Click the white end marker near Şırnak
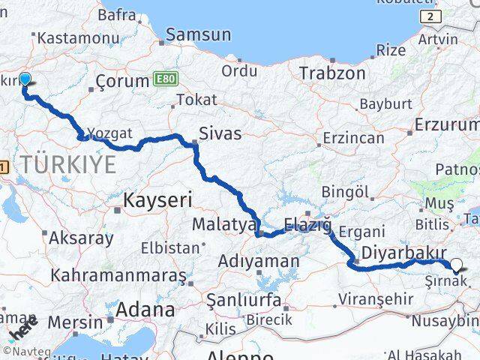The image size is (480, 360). (457, 265)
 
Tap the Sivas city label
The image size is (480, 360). (220, 133)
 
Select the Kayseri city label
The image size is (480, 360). (158, 200)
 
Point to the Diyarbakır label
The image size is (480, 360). (404, 252)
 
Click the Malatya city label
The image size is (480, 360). (218, 224)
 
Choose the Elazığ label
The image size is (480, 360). (308, 224)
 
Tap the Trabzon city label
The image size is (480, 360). (332, 73)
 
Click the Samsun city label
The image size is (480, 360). (199, 34)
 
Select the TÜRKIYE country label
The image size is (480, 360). (69, 164)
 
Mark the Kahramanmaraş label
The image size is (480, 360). (118, 274)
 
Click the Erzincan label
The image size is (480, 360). (352, 137)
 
